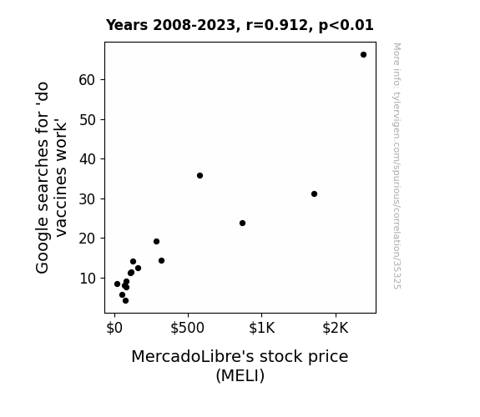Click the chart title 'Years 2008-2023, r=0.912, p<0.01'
pos(240,25)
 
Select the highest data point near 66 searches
pos(363,55)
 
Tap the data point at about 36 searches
pos(200,176)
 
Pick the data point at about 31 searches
pos(314,194)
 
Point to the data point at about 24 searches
pos(242,223)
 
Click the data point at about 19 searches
pos(156,241)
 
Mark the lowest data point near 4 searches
pos(125,301)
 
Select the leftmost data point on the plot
pos(117,284)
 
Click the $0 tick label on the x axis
pos(114,329)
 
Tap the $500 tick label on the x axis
pos(187,329)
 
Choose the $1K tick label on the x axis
pos(262,329)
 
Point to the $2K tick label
pos(336,329)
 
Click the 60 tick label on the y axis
pos(88,80)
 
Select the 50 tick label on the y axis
pos(88,120)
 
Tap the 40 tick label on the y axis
pos(88,159)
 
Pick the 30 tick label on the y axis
pos(88,199)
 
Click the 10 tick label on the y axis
pos(88,279)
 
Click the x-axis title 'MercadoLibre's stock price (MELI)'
pos(240,366)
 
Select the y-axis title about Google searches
pos(51,178)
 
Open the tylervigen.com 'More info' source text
pos(397,166)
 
